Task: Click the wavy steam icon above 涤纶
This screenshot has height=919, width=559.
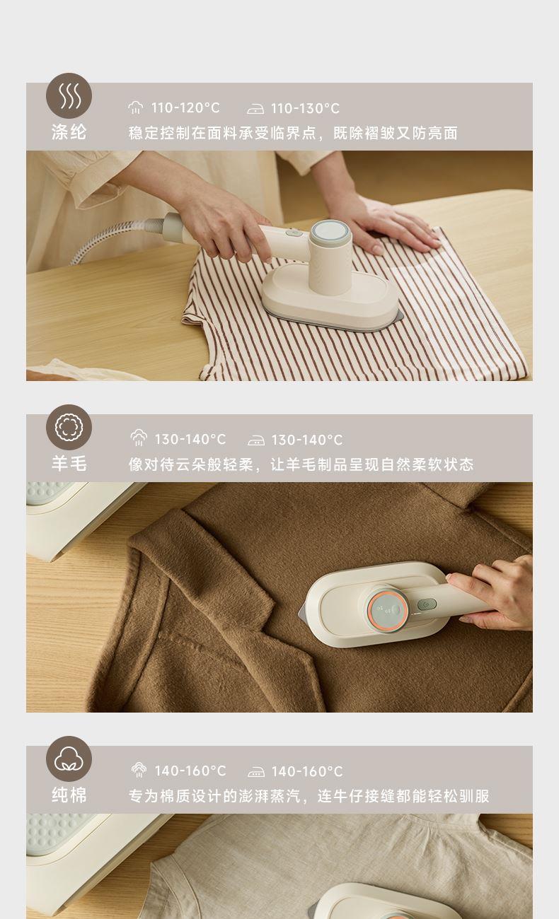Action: tap(69, 95)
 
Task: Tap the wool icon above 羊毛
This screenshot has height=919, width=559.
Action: tap(69, 427)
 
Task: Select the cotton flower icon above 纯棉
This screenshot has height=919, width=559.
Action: tap(69, 759)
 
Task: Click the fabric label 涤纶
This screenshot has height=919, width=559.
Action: tap(69, 132)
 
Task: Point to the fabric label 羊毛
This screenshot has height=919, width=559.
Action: tap(69, 464)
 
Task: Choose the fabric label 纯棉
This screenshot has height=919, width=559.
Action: tap(69, 795)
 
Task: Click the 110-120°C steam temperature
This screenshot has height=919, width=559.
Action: tap(185, 108)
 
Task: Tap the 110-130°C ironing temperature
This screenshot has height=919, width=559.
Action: tap(305, 109)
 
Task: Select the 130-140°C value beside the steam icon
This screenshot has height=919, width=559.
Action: tap(190, 440)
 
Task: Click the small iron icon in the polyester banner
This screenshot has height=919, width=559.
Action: tap(255, 109)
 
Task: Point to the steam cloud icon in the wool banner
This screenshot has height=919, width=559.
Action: tap(139, 438)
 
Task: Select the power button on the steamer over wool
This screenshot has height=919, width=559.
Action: tap(427, 604)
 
